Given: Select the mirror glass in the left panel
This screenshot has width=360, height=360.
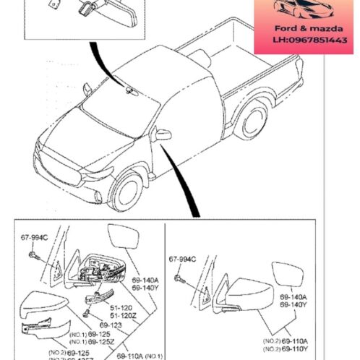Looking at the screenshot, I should point(123,239).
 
